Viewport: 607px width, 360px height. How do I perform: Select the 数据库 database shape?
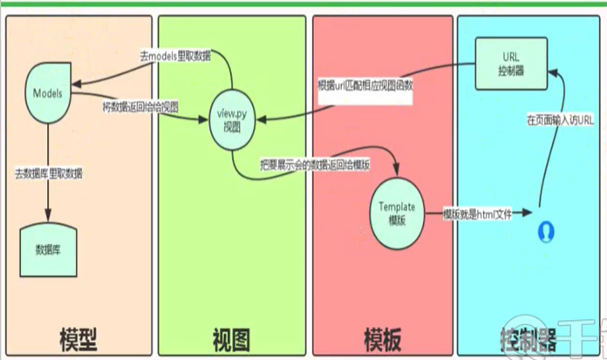coord(48,247)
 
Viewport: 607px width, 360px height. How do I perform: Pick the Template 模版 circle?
coord(397,212)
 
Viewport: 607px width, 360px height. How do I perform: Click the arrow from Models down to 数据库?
coord(48,174)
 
